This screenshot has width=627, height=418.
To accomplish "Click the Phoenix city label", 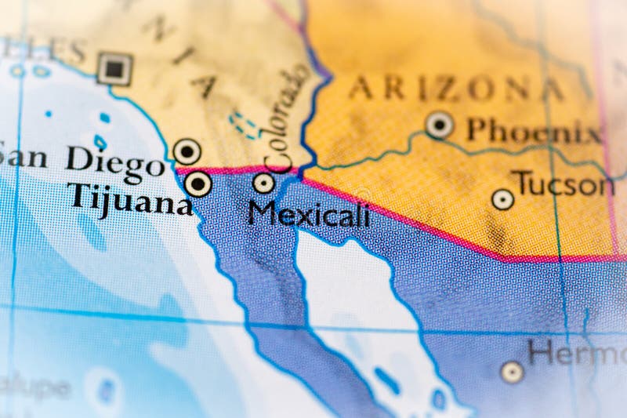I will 534,130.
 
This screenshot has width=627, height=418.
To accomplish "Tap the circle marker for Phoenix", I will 440,124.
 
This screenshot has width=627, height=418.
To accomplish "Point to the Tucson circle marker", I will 503,199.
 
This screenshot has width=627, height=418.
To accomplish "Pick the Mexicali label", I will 309,213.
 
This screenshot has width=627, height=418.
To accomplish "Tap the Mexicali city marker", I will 264,183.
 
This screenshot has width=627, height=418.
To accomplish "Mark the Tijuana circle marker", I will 198,184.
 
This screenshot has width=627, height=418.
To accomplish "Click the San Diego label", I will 82,159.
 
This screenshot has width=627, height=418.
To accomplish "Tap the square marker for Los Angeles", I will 114,69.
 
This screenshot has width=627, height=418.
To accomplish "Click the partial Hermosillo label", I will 576,352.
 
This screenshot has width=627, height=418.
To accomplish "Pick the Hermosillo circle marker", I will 512,372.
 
